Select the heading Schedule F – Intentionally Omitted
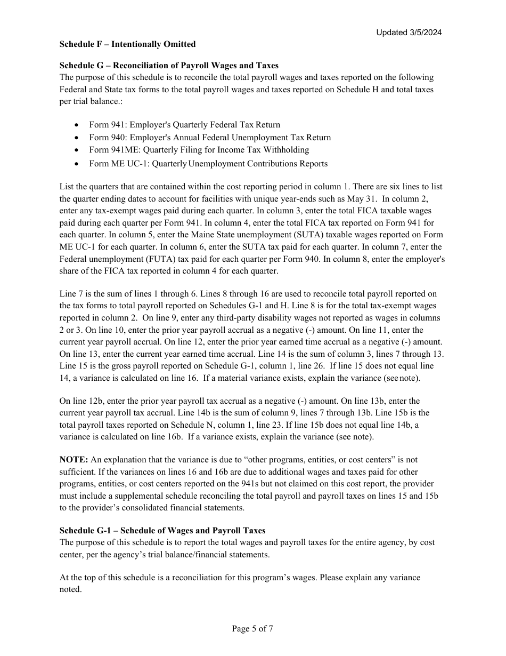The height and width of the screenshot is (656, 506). point(127,44)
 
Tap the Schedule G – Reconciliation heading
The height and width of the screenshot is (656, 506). point(169,66)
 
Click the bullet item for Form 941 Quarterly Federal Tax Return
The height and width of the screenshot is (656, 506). point(184,125)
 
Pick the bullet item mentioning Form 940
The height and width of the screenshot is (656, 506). point(210,138)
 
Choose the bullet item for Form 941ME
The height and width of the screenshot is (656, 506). point(199,150)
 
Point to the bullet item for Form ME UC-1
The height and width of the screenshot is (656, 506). point(208,164)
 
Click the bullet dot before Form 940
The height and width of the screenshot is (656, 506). point(78,138)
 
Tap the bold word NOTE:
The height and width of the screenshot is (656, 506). point(74,460)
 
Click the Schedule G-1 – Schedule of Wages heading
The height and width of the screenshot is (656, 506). point(162,531)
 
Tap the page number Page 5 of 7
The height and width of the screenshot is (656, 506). point(252,629)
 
